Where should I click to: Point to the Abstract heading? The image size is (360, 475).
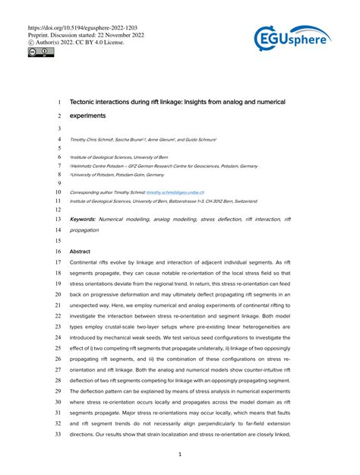(81, 250)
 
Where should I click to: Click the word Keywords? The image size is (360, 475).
(83, 219)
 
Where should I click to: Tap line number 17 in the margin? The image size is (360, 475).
(59, 262)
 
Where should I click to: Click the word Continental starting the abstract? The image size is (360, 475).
(87, 262)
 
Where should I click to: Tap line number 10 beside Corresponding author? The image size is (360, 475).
(59, 193)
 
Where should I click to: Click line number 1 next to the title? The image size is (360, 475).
(60, 101)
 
